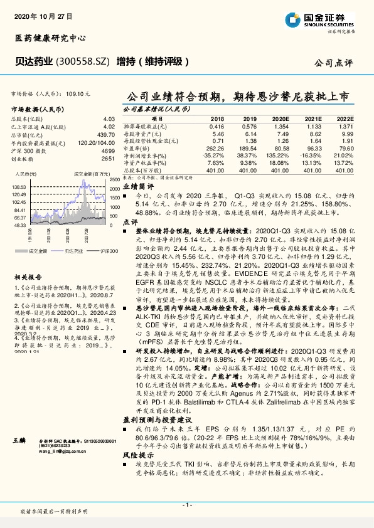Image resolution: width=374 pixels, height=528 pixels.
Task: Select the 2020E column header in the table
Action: point(280,119)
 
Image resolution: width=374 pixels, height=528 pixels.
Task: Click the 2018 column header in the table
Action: point(217,119)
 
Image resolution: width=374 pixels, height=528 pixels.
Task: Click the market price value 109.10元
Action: point(78,93)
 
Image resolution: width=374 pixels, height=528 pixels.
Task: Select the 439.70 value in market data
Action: point(105,134)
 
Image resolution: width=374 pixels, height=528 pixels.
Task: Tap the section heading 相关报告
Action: point(26,277)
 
